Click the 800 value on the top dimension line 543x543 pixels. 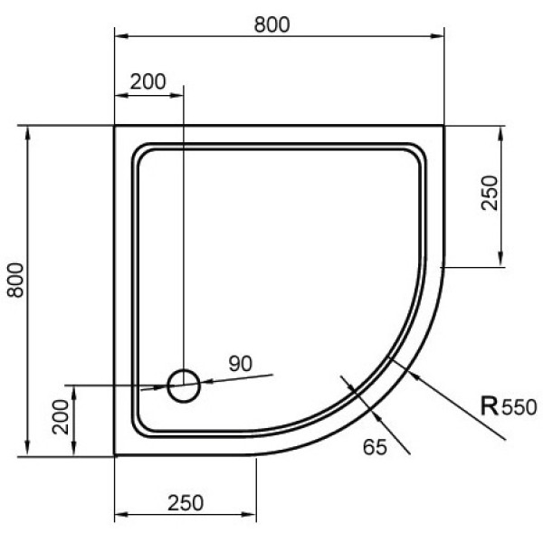pos(271,24)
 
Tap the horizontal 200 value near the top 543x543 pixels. pos(148,81)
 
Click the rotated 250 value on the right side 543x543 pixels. pos(490,195)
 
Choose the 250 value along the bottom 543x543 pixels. pos(185,502)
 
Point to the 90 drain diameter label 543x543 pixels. pos(239,365)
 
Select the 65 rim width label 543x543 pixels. pos(375,444)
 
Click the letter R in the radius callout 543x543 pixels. pos(489,405)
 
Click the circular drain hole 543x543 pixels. pos(184,386)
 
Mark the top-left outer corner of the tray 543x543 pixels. pos(115,127)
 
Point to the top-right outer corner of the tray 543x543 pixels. pos(444,127)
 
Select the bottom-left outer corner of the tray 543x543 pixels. pos(115,455)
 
